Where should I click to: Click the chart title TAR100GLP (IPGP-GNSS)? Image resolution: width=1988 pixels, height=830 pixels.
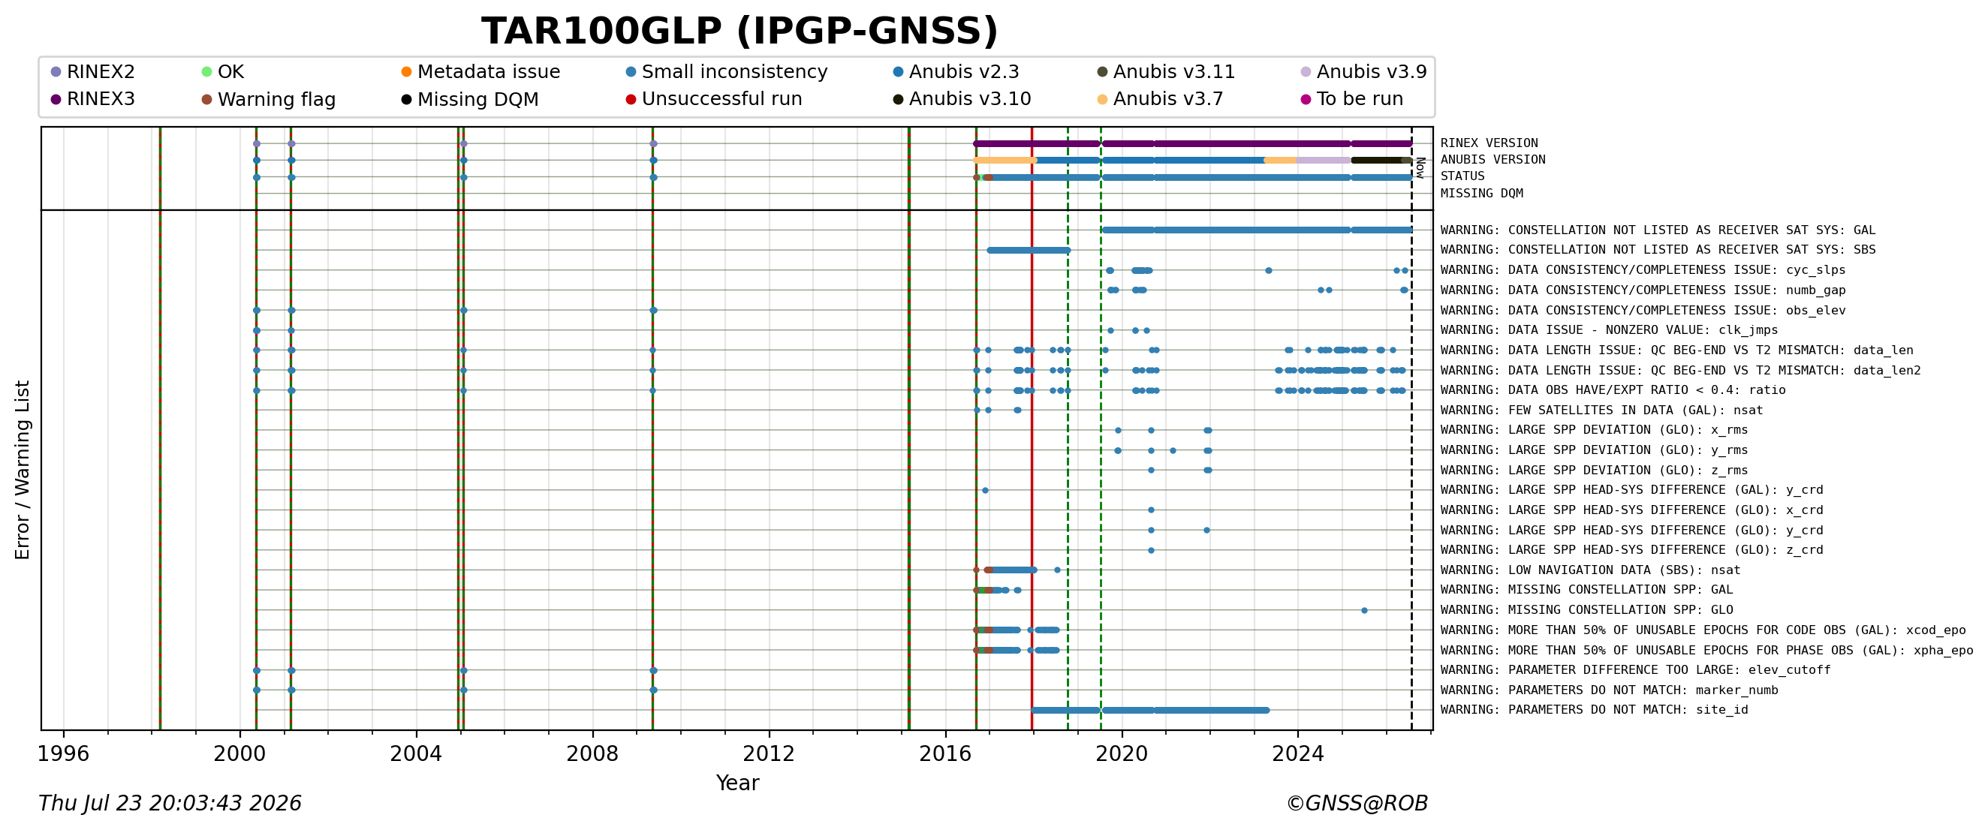[739, 32]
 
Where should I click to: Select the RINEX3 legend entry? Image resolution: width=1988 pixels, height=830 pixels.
[92, 99]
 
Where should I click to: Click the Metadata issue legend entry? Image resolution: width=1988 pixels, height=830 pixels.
[480, 72]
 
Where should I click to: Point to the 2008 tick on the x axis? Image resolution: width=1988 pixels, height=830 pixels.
[592, 730]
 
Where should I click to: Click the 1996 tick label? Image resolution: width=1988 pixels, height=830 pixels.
[63, 753]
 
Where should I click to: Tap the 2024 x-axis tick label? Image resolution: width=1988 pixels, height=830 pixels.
[1298, 753]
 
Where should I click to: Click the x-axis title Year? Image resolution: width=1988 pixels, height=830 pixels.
[737, 783]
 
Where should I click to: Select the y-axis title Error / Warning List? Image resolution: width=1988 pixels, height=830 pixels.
[23, 469]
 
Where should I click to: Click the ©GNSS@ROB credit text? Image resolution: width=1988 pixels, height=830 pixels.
[1357, 803]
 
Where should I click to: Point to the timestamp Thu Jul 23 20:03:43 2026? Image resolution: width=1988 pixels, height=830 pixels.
[170, 803]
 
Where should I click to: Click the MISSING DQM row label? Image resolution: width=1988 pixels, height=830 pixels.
[1481, 194]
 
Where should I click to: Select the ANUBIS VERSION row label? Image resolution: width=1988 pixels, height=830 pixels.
[1493, 160]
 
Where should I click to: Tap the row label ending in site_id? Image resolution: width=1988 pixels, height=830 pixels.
[1594, 710]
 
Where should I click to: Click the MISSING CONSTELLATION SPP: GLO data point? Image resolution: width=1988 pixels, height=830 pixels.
[1364, 610]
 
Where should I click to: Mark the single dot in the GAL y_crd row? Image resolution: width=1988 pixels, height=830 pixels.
[985, 490]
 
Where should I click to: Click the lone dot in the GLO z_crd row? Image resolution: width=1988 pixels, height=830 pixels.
[1151, 550]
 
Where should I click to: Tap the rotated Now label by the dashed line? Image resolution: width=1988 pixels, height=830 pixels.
[1420, 167]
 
